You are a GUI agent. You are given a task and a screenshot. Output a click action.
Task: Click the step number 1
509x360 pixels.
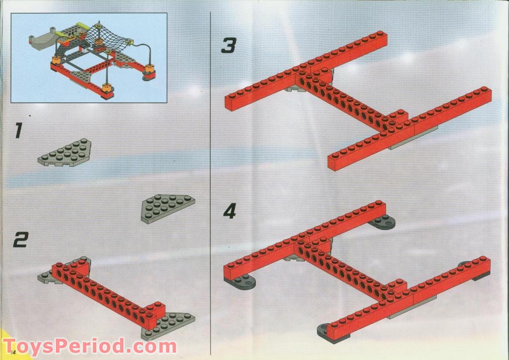tap(18, 130)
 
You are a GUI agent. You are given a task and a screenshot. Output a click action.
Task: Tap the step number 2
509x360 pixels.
tap(21, 240)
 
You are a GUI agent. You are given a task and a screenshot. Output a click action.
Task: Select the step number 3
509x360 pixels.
tap(229, 45)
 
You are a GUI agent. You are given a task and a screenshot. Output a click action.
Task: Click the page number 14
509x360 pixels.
tap(13, 352)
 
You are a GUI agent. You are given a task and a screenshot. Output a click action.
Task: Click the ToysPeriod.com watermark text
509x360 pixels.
tap(90, 346)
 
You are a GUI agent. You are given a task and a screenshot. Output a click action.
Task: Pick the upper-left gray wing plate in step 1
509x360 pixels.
tap(64, 153)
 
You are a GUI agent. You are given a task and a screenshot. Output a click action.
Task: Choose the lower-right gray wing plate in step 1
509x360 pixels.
tap(168, 209)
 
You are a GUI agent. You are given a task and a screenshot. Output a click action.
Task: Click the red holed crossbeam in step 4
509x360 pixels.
tap(351, 270)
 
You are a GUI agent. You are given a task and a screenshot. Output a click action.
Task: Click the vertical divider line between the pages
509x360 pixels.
tap(211, 183)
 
